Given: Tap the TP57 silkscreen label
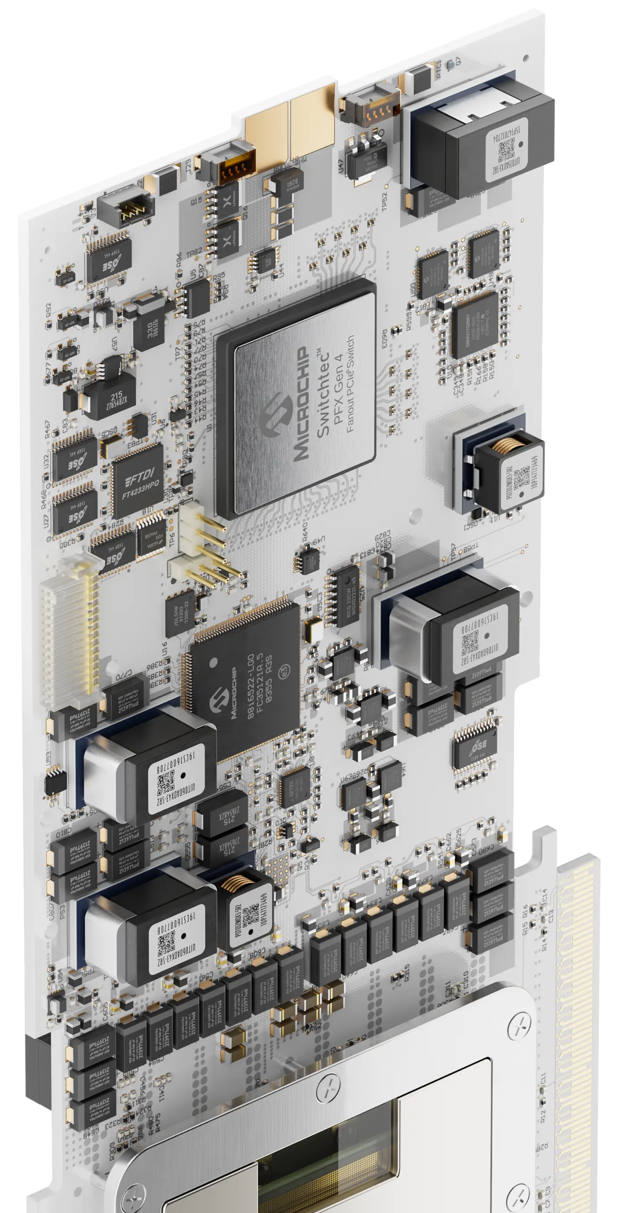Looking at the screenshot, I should point(453,554).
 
